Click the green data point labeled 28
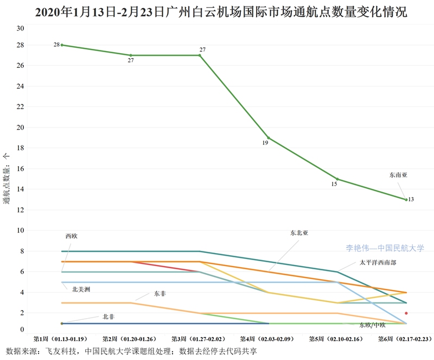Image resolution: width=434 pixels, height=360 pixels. [62, 45]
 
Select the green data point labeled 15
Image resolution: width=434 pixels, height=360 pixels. [337, 179]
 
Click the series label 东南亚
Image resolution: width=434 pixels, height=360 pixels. [398, 175]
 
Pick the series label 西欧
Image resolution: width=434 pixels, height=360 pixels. [71, 236]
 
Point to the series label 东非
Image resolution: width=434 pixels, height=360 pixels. [160, 293]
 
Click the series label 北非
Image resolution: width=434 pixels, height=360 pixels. [108, 317]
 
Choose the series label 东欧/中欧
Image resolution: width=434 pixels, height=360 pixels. [372, 325]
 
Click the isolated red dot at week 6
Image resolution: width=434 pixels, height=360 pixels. [406, 313]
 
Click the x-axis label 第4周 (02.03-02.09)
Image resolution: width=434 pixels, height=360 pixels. [269, 338]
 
